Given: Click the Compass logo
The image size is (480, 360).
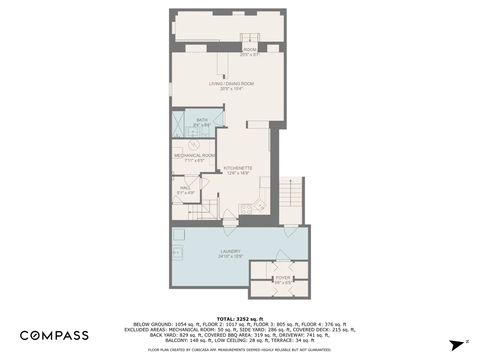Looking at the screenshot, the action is (x=54, y=336).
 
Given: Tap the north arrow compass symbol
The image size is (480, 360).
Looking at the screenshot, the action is (x=458, y=345).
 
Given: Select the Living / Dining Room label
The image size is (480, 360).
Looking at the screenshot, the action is (x=232, y=84).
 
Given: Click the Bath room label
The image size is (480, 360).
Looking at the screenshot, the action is (x=202, y=120).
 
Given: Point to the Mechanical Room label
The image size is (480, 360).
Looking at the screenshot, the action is (x=194, y=156).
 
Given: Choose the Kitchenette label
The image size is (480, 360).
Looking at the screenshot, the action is (x=238, y=168).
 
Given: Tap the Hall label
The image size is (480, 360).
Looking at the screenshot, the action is (x=185, y=188).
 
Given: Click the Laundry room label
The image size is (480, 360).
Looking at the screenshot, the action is (x=230, y=251).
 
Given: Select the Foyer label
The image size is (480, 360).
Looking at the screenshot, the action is (x=283, y=278).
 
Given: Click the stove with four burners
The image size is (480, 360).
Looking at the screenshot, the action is (x=246, y=210).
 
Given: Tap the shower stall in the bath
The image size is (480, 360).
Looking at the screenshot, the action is (x=178, y=124).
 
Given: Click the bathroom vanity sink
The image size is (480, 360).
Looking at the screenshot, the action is (x=193, y=132).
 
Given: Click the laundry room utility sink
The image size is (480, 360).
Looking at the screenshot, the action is (x=178, y=252).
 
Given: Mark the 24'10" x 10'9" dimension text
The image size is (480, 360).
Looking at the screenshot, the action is (x=230, y=256).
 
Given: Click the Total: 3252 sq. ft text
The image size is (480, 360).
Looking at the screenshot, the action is (x=240, y=319).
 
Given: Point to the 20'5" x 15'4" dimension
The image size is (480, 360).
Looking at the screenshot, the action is (x=232, y=89).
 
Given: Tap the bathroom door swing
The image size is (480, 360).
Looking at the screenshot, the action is (x=219, y=118).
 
